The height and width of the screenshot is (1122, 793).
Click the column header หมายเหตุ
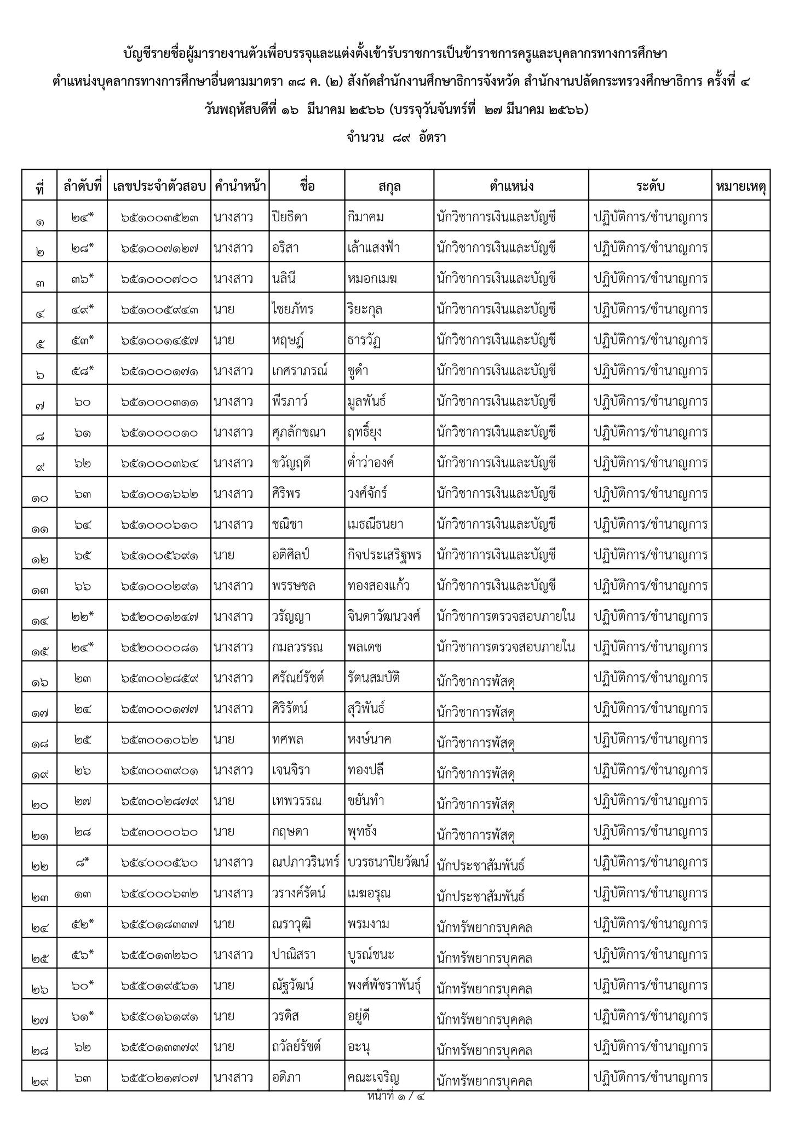[740, 186]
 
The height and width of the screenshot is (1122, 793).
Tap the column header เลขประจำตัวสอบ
[159, 186]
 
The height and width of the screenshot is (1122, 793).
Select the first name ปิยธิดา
[290, 217]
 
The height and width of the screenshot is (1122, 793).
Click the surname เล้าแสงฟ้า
[373, 248]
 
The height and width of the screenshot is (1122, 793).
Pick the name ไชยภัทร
[292, 309]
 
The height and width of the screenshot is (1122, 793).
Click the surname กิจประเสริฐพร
[384, 555]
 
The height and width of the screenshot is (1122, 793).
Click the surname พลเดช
[364, 647]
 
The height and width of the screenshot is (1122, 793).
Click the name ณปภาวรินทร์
[306, 862]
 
